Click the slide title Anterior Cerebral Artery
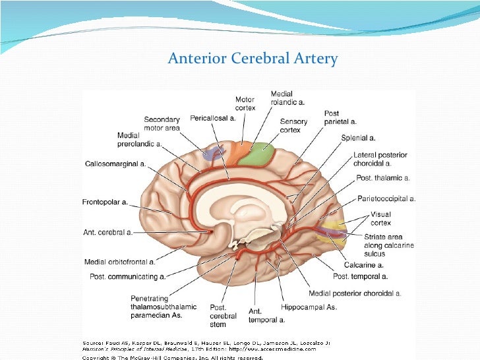point(253,59)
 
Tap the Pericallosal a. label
point(212,118)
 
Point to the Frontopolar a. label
point(105,202)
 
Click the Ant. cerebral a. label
point(107,232)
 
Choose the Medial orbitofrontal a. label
point(120,262)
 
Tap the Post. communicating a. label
point(127,276)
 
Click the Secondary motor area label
point(162,124)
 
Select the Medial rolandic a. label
point(287,98)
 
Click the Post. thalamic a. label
point(382,178)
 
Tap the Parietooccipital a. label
point(386,198)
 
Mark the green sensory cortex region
point(256,154)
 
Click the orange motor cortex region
point(235,152)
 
